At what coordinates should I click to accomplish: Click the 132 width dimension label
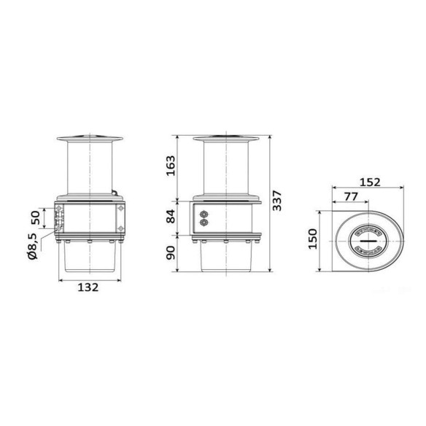pos(88,287)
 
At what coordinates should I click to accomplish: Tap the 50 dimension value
pos(36,218)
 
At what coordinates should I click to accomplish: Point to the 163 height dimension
pos(171,166)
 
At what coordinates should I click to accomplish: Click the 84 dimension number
pos(171,217)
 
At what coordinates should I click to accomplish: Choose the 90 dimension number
pos(171,252)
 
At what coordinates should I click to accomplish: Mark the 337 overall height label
pos(277,201)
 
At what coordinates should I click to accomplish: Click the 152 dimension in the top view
pos(370,182)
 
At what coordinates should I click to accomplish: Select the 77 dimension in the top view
pos(351,196)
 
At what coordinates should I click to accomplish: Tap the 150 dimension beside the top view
pos(313,239)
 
